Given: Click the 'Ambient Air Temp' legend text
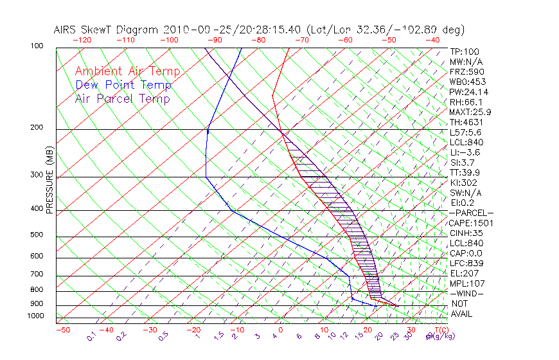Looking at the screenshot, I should pyautogui.click(x=127, y=71).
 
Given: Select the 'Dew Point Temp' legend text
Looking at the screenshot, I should pyautogui.click(x=123, y=85).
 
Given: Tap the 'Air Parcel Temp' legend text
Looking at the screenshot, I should pyautogui.click(x=122, y=98).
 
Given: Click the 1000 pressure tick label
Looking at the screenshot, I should pyautogui.click(x=36, y=316).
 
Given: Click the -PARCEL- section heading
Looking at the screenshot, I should pyautogui.click(x=471, y=213).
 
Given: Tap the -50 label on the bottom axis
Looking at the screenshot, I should pyautogui.click(x=62, y=330).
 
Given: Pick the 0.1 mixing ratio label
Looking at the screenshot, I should pyautogui.click(x=92, y=336).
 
